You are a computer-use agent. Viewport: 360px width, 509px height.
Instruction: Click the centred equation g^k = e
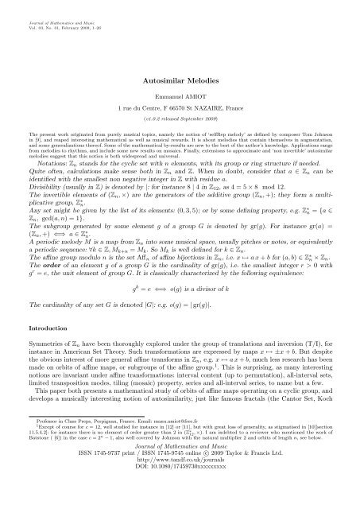[180, 308]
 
